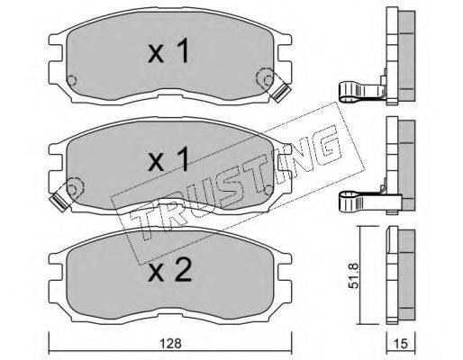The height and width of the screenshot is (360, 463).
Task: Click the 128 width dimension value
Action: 170,343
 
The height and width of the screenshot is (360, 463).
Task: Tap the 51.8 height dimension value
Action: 354,275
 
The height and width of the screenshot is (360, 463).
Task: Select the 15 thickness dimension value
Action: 401,344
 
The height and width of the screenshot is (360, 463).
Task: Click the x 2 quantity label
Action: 169,271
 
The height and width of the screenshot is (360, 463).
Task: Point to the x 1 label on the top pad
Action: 168,50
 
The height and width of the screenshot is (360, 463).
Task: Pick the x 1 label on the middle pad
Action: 168,159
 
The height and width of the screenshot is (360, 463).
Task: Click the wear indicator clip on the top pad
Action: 279,93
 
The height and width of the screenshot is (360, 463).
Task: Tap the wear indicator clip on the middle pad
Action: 59,202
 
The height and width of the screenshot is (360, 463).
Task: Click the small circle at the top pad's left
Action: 72,80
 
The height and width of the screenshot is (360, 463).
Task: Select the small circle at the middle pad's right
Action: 269,190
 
